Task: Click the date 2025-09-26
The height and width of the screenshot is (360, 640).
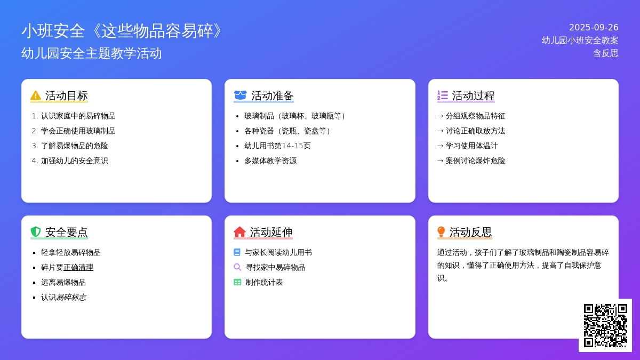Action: (x=594, y=27)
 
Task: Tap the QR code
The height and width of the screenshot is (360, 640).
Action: (x=605, y=325)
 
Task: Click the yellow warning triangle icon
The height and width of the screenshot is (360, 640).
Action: (x=36, y=95)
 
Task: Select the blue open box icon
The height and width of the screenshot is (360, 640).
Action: (x=240, y=95)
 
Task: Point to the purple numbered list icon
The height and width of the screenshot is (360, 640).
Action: (x=443, y=95)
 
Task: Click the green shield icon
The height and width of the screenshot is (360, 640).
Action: (x=36, y=231)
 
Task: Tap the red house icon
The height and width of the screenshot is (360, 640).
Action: (x=239, y=231)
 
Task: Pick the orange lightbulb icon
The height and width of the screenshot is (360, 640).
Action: (x=441, y=231)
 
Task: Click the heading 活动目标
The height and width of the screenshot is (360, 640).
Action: (x=66, y=95)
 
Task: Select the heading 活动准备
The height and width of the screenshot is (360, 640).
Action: (x=273, y=95)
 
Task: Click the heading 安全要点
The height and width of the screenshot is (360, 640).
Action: (x=66, y=232)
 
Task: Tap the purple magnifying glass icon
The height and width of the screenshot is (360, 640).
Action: (x=237, y=267)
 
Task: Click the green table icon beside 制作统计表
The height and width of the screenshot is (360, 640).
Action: (x=237, y=282)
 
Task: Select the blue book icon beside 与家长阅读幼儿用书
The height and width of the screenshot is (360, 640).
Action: (x=237, y=252)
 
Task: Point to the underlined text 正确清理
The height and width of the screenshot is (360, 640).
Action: (x=78, y=267)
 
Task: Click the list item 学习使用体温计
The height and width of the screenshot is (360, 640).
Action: (x=471, y=146)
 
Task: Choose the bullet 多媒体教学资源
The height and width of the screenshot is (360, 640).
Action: (x=270, y=161)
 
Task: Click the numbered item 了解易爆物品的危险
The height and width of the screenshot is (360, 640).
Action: (x=74, y=146)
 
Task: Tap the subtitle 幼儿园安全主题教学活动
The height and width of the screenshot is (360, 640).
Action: (x=91, y=53)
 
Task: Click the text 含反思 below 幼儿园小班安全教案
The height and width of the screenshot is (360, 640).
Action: (x=606, y=53)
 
